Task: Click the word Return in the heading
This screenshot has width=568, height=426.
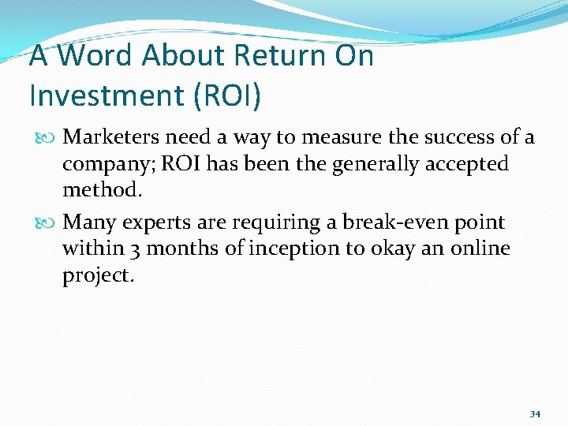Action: coord(267,57)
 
